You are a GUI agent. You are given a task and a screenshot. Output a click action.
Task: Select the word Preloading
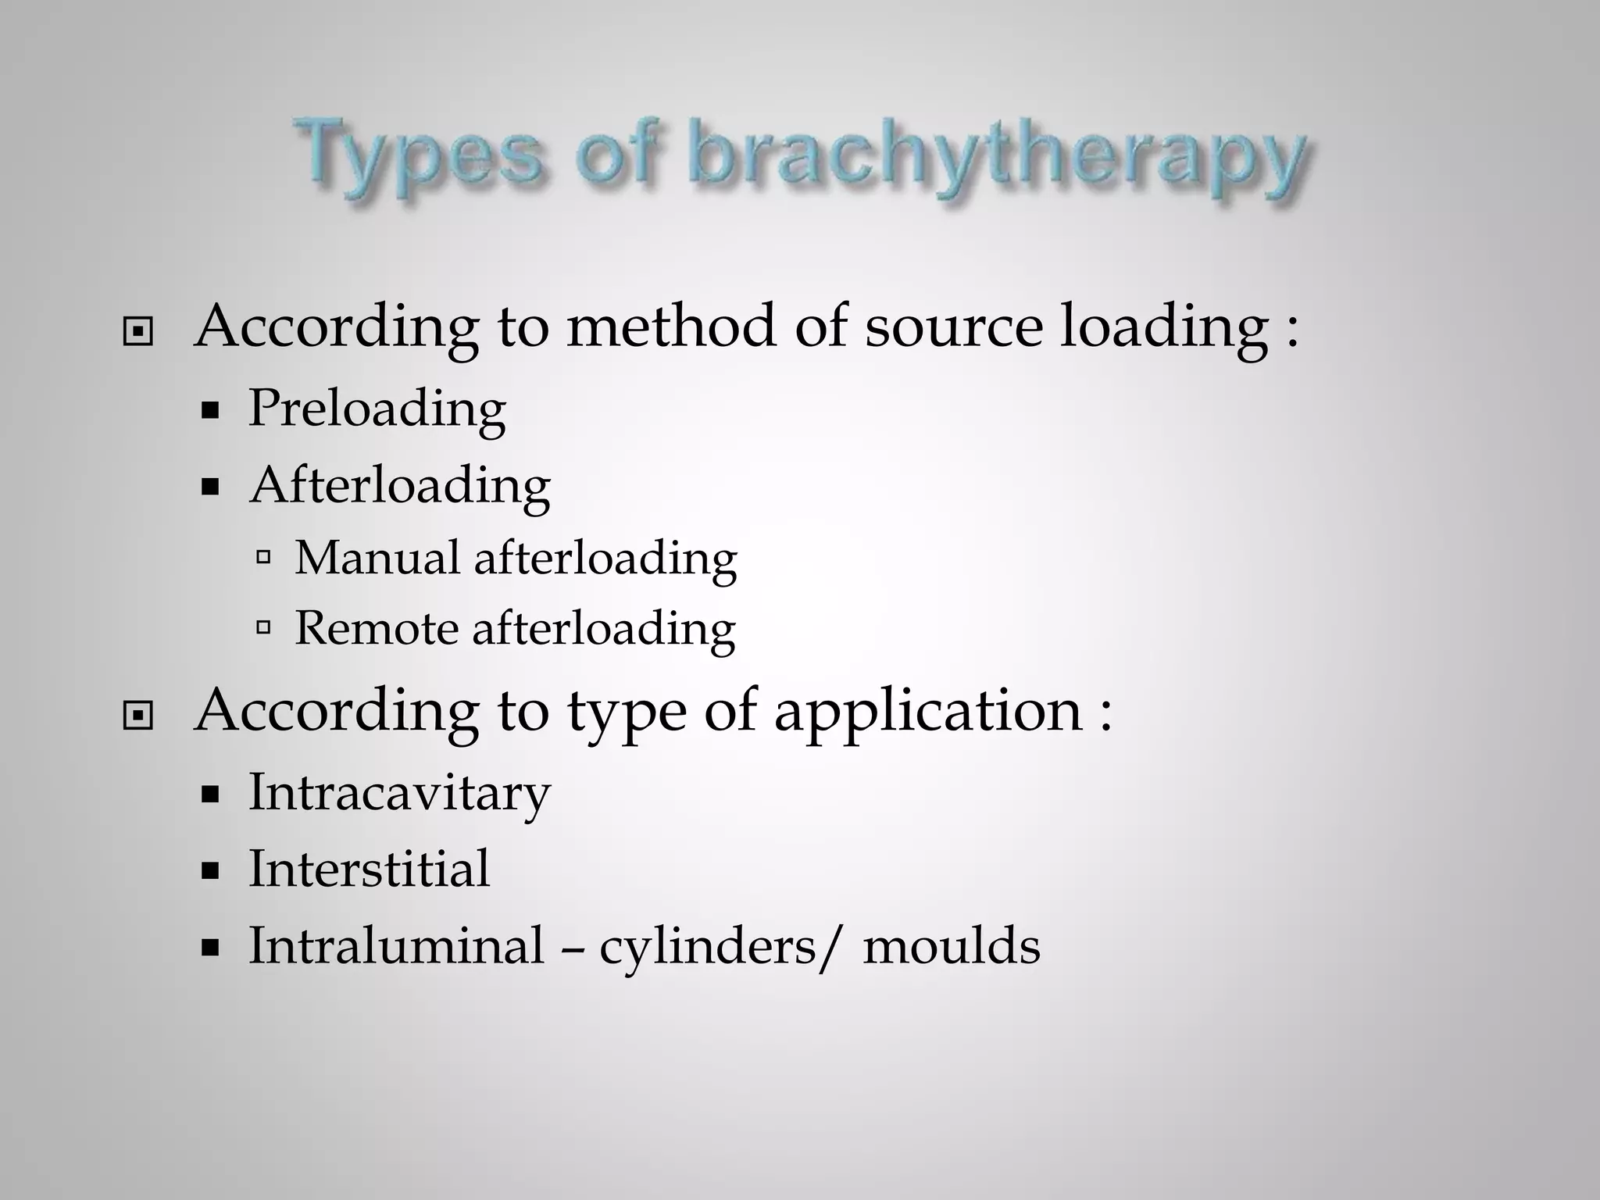coord(377,409)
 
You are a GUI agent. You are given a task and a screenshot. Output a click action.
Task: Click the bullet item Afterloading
coord(400,486)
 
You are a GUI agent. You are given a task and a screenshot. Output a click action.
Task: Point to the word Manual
coord(377,558)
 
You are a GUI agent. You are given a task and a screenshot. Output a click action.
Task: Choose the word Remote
coord(376,628)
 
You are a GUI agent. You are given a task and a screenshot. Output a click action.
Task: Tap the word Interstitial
coord(369,869)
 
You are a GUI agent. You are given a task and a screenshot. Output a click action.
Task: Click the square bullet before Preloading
coord(209,412)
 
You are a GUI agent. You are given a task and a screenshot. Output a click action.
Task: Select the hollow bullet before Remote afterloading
coord(263,627)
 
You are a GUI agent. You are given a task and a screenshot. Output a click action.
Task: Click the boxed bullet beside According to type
coord(138,715)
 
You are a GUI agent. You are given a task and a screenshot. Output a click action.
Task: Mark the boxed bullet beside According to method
coord(138,332)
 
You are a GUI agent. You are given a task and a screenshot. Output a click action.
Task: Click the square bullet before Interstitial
coord(209,871)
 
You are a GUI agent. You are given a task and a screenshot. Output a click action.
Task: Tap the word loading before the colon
coord(1164,328)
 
